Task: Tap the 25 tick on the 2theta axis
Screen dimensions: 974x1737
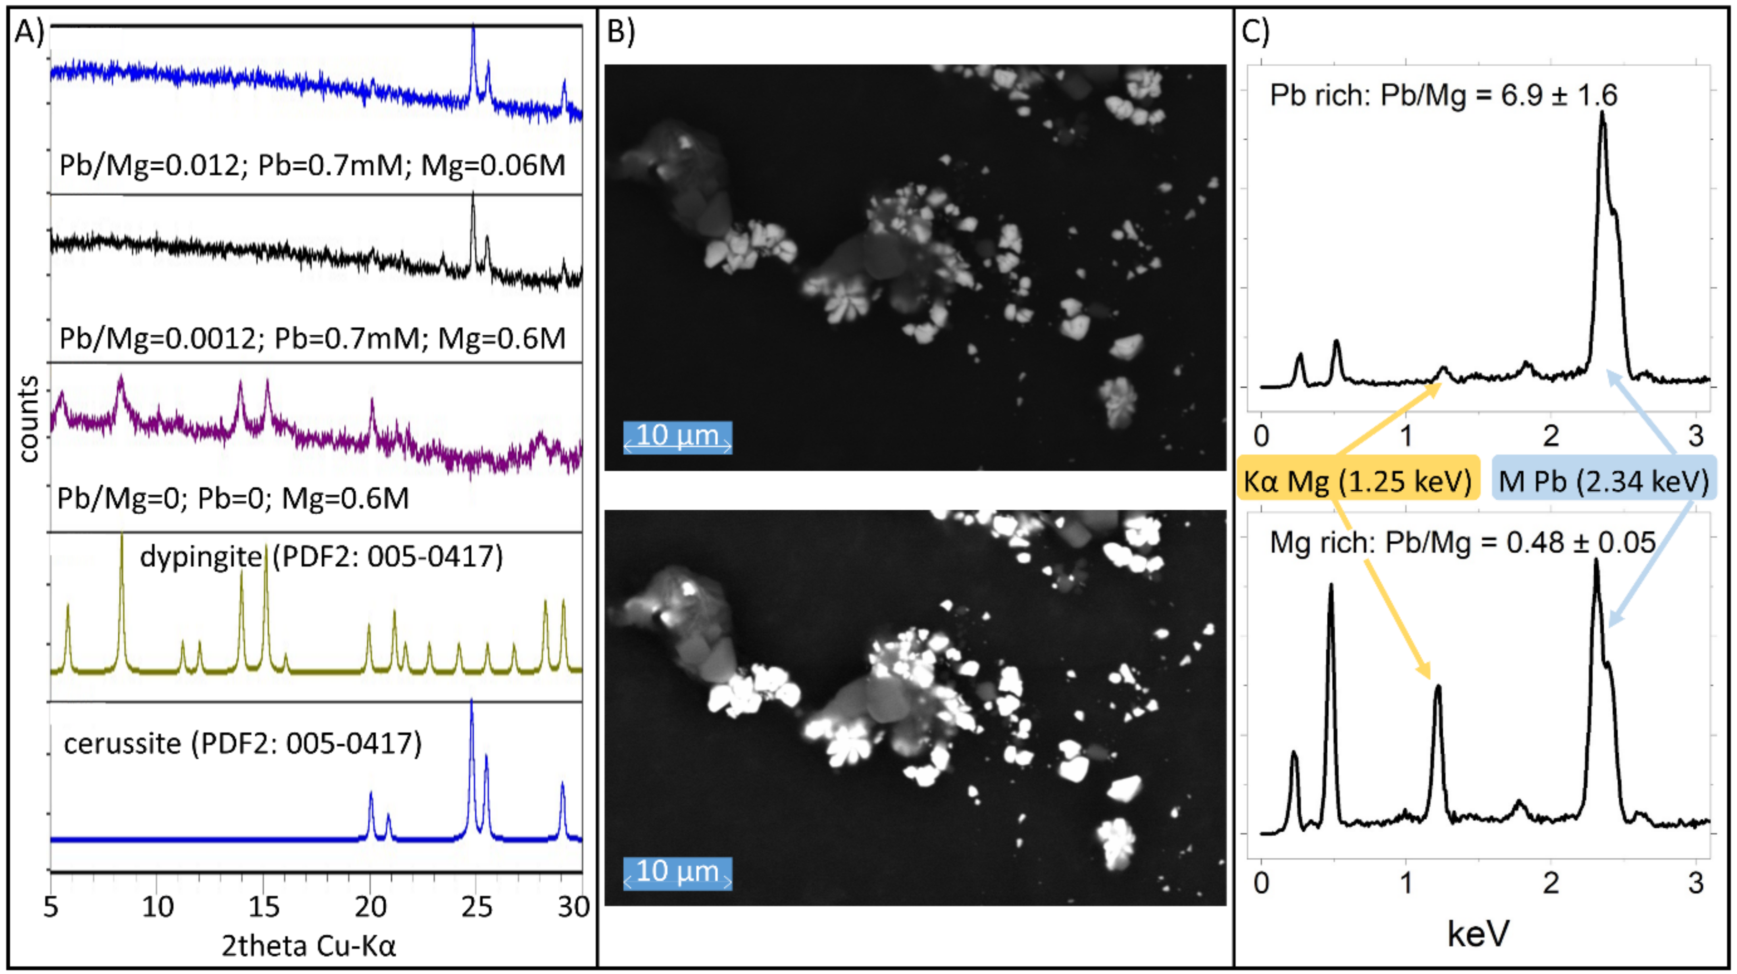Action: point(477,907)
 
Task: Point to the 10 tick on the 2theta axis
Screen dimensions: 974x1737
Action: point(157,907)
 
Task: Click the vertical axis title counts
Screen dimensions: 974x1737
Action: point(28,418)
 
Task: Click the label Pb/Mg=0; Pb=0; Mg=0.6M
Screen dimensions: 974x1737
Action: point(233,499)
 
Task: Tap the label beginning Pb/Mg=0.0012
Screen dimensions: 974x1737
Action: point(312,338)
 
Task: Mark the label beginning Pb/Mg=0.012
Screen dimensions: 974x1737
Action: point(312,165)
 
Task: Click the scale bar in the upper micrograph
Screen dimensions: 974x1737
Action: point(677,437)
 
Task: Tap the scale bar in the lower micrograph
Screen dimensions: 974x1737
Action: point(677,873)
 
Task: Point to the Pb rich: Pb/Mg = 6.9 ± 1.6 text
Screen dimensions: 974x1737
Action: point(1443,95)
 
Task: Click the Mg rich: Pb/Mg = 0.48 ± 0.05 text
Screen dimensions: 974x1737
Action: point(1462,543)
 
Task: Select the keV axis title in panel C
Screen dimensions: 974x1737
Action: point(1478,934)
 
